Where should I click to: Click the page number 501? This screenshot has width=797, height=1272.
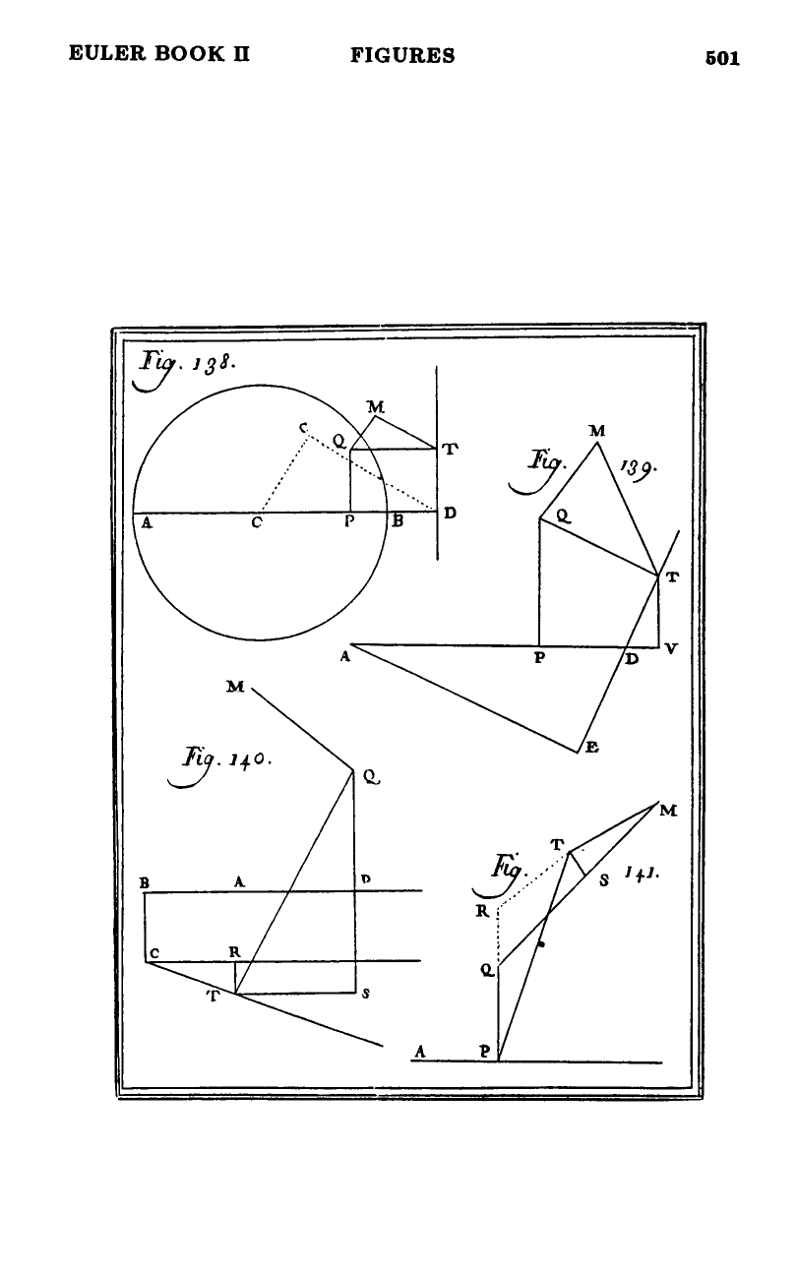click(722, 58)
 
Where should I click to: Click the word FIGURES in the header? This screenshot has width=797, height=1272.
click(402, 56)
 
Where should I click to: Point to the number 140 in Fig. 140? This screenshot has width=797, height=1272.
click(249, 758)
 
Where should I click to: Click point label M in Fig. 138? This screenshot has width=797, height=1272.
click(376, 406)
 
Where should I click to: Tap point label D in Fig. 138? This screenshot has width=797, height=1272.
click(450, 513)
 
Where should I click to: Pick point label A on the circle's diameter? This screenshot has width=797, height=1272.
click(147, 523)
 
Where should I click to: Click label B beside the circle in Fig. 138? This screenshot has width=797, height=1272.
click(398, 521)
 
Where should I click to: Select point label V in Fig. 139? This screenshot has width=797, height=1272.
click(671, 648)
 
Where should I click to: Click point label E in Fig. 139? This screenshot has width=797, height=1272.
click(591, 748)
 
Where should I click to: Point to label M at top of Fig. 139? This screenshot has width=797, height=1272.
click(597, 431)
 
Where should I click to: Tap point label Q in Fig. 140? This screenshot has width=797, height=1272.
click(371, 776)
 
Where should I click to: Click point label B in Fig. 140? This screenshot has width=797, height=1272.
click(145, 883)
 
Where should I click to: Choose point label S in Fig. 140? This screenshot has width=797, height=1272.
click(366, 994)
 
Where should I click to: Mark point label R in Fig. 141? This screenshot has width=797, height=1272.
click(482, 911)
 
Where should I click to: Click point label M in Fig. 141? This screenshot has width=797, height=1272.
click(669, 811)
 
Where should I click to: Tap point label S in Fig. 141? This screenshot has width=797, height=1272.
click(604, 880)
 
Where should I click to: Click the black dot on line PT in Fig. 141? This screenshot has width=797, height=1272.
click(541, 944)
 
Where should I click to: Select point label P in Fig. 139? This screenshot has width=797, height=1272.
click(539, 657)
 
